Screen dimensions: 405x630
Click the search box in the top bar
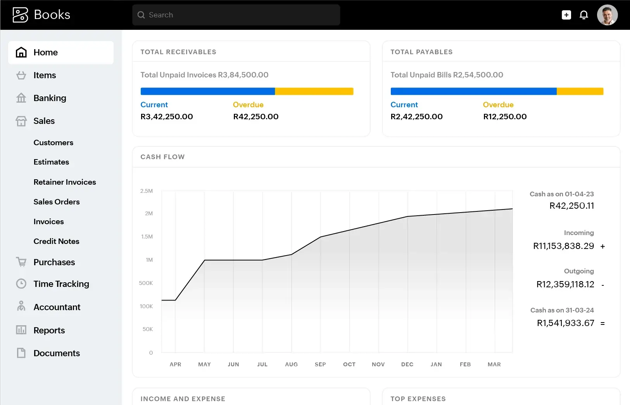click(x=236, y=15)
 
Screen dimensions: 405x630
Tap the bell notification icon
click(x=583, y=15)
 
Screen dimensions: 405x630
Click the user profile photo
click(x=607, y=15)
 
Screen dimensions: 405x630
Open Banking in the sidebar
click(x=50, y=98)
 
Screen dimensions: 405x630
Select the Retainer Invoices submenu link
click(x=65, y=182)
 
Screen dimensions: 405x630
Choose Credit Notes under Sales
click(x=56, y=241)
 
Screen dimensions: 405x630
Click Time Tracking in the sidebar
click(x=61, y=284)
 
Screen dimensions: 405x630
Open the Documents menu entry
click(x=57, y=353)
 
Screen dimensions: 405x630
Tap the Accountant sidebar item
click(x=57, y=307)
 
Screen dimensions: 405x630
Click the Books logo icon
click(x=21, y=15)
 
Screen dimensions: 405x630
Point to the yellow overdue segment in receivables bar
click(x=314, y=91)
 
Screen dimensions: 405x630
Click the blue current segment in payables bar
click(x=473, y=91)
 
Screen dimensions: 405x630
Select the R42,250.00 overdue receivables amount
click(x=255, y=117)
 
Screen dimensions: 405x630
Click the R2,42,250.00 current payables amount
click(x=416, y=117)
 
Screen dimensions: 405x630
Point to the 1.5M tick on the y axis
click(x=147, y=237)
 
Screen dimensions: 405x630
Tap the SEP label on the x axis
click(x=320, y=364)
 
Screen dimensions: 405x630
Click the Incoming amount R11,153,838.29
click(x=563, y=246)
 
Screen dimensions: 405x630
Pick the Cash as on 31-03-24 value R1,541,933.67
click(x=565, y=323)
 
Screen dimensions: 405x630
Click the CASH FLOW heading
click(x=162, y=157)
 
